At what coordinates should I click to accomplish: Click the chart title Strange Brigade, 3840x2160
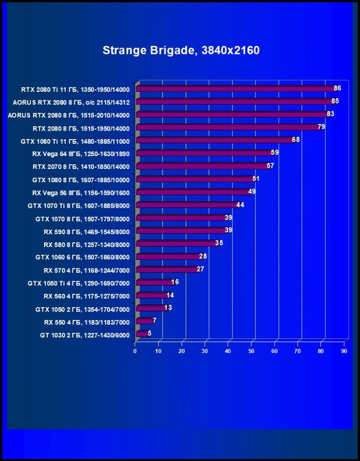pos(181,50)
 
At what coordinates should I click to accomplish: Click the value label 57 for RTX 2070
pos(270,166)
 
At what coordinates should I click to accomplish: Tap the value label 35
pos(219,243)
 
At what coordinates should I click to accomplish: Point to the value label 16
pos(175,282)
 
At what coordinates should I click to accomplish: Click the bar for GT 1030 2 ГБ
pos(142,334)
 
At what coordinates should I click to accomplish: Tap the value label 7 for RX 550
pos(154,320)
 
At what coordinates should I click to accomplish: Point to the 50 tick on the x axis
pos(252,351)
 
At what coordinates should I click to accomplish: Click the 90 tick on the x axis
pos(344,351)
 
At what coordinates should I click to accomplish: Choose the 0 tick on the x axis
pos(135,351)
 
